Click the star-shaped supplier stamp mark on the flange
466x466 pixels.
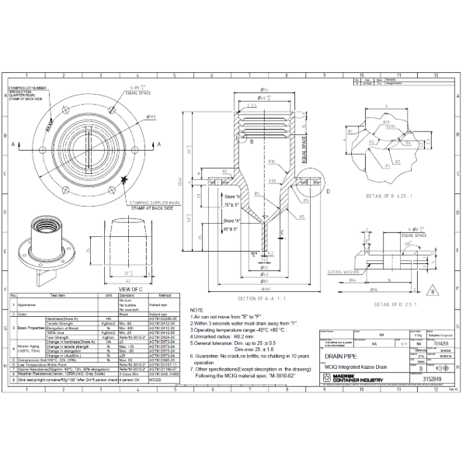127,179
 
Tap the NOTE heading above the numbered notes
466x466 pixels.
196,309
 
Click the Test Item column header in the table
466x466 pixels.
58,296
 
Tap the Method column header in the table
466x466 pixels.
165,296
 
